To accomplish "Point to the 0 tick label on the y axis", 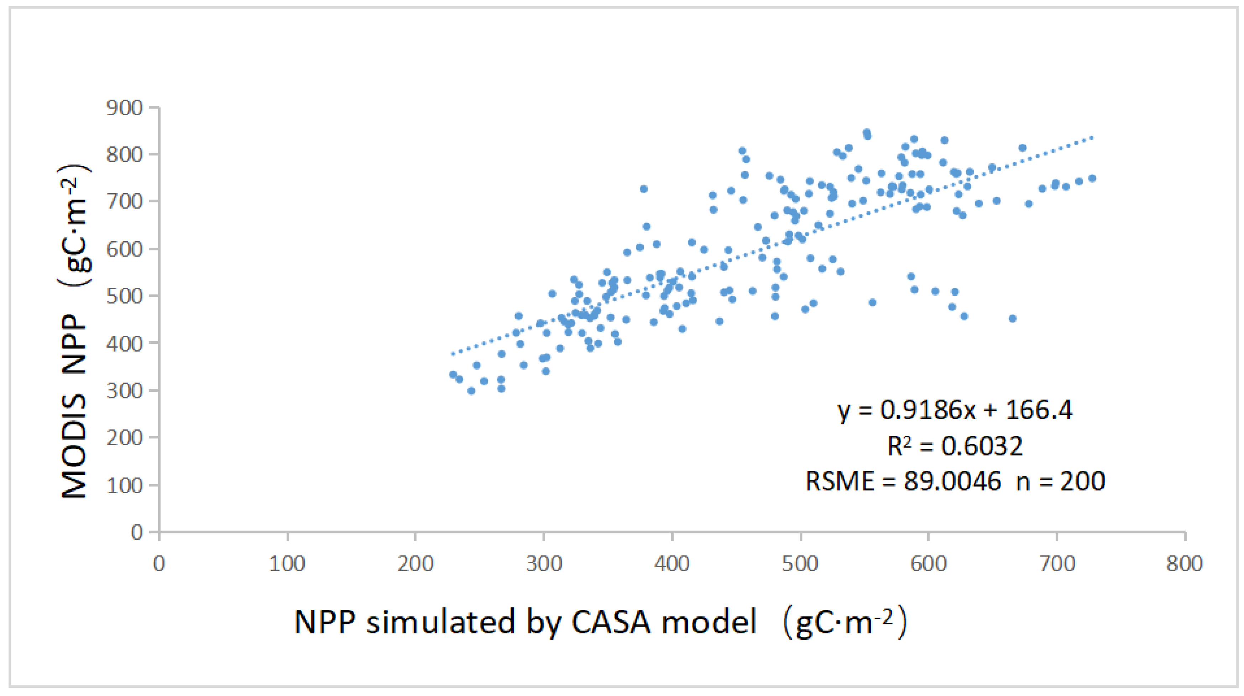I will pyautogui.click(x=137, y=532).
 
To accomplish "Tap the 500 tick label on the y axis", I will pyautogui.click(x=125, y=296).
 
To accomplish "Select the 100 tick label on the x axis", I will pyautogui.click(x=287, y=564).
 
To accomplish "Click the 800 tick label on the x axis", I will pyautogui.click(x=1184, y=564).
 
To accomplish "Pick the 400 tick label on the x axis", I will pyautogui.click(x=672, y=564).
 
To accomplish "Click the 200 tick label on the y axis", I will pyautogui.click(x=125, y=438).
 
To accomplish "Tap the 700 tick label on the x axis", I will pyautogui.click(x=1057, y=564).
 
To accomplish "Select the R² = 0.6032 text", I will pyautogui.click(x=955, y=445).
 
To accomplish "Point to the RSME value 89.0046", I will pyautogui.click(x=952, y=481).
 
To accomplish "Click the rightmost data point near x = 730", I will pyautogui.click(x=1092, y=179).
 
